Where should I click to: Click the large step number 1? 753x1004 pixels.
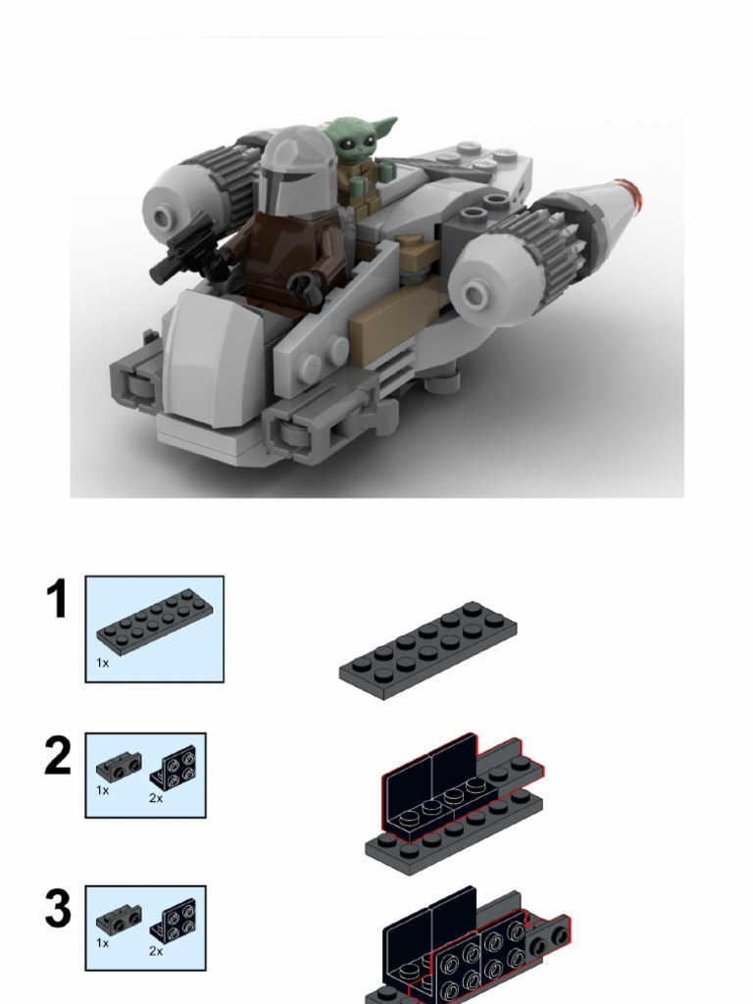click(x=58, y=600)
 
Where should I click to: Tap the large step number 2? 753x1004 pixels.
click(x=58, y=757)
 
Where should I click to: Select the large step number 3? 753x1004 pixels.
click(x=58, y=910)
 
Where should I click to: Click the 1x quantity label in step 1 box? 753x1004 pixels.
click(x=102, y=664)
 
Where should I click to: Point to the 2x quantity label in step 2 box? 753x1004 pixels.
click(x=157, y=798)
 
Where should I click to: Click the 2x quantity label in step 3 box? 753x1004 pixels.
click(x=156, y=951)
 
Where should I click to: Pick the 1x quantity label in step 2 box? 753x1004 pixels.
click(x=102, y=789)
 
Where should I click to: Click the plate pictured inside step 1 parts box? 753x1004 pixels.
click(x=155, y=624)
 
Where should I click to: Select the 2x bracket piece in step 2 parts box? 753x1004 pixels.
click(x=173, y=767)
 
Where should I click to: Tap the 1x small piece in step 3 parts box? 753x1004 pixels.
click(x=118, y=920)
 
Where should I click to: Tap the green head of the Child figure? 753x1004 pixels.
click(x=355, y=139)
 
